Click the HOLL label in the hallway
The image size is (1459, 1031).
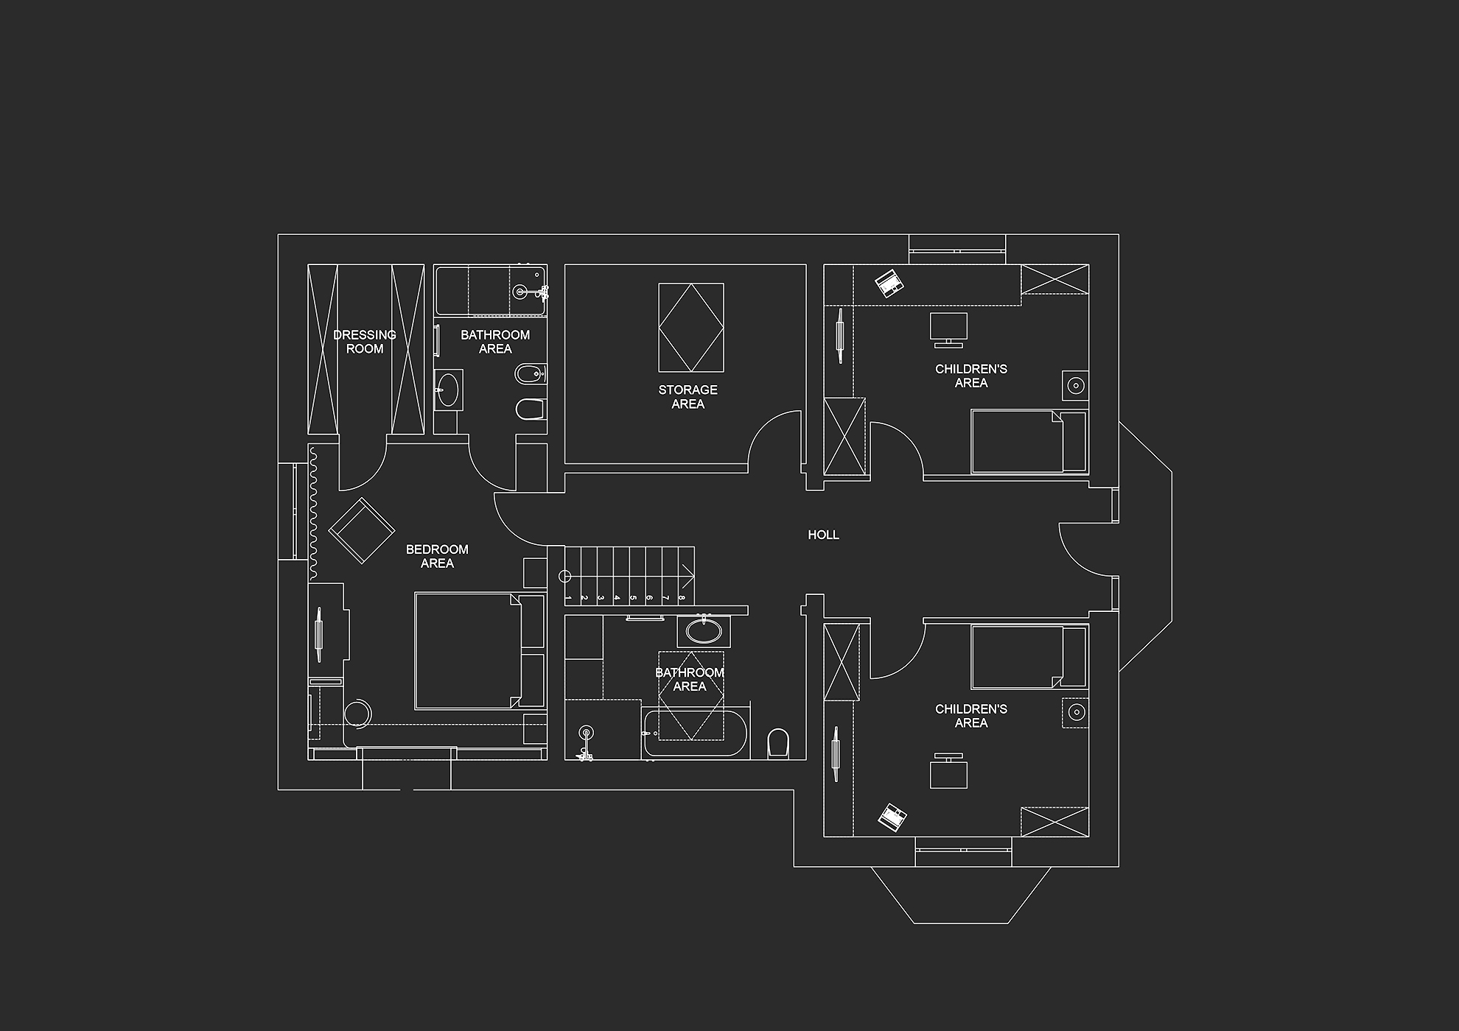[823, 535]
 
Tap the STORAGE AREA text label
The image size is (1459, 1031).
[688, 397]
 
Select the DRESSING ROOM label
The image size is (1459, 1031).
[365, 342]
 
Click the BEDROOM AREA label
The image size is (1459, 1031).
[437, 556]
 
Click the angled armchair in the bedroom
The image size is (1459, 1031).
[361, 530]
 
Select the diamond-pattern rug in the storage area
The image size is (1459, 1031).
[691, 328]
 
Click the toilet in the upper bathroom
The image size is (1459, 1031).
[531, 409]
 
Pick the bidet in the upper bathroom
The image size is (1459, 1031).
[530, 373]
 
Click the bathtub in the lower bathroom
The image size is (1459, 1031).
[695, 733]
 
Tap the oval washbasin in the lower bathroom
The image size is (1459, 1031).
[704, 631]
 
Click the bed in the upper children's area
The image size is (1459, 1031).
[1029, 442]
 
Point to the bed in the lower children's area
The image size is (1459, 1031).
[1029, 657]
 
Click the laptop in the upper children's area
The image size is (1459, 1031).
[888, 283]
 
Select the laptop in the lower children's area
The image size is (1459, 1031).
[892, 817]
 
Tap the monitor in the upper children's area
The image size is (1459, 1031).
[948, 329]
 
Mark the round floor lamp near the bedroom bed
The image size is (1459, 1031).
[358, 713]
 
